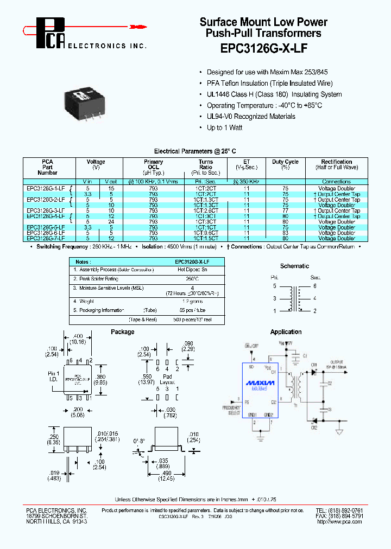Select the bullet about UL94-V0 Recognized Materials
click(251, 117)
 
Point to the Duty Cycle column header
click(285, 164)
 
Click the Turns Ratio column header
click(206, 164)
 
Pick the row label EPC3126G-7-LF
click(46, 238)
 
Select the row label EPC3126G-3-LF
click(46, 210)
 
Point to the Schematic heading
click(294, 266)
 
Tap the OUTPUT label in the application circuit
click(337, 361)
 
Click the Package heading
click(122, 332)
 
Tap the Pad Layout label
click(167, 379)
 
